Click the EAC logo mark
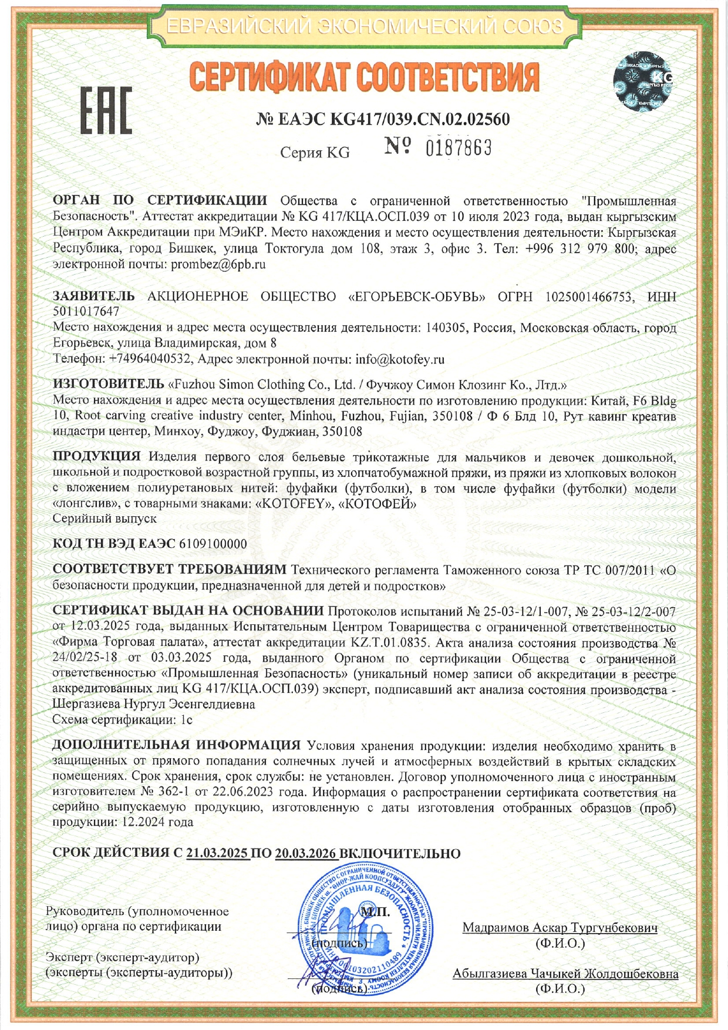[x=106, y=110]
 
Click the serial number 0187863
[x=458, y=148]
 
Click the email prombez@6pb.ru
[x=218, y=264]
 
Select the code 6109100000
[x=213, y=544]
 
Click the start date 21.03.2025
[x=217, y=853]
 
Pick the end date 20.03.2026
[x=305, y=853]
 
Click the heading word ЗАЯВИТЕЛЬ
[x=93, y=297]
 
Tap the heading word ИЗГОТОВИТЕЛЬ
[x=108, y=385]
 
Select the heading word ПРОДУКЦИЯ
[x=96, y=457]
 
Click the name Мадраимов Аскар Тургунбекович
[x=560, y=928]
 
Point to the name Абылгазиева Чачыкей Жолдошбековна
[x=565, y=974]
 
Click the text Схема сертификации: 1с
[x=122, y=719]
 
